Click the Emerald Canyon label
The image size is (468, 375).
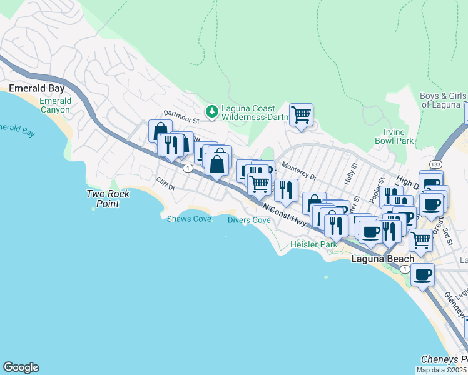(55, 105)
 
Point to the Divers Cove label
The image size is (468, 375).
(249, 221)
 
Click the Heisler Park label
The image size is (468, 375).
(313, 245)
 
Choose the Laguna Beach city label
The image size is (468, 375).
(382, 259)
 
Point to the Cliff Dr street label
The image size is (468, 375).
(166, 184)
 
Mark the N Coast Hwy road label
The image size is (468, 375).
(285, 215)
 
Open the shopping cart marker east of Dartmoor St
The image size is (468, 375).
(301, 115)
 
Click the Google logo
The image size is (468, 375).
(21, 367)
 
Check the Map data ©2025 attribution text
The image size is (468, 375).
(442, 370)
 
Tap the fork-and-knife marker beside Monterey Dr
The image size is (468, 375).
(286, 189)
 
